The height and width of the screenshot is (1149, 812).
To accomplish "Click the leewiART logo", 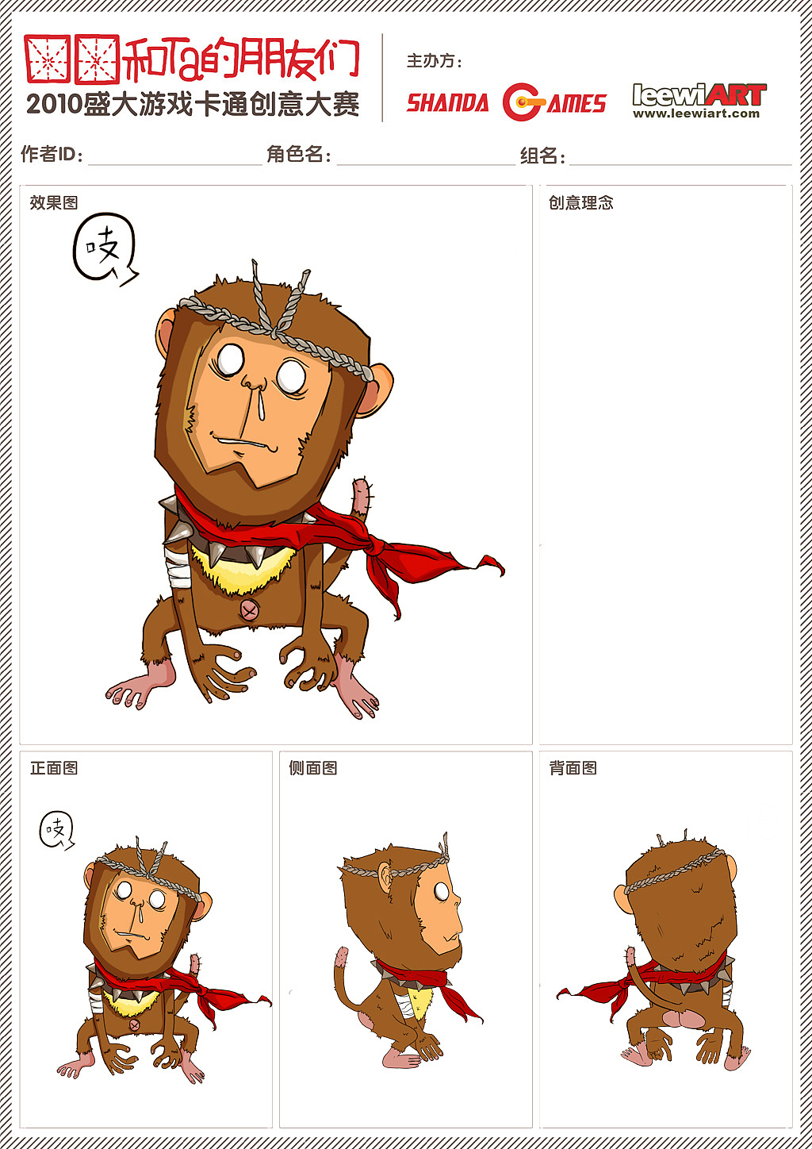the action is (699, 101).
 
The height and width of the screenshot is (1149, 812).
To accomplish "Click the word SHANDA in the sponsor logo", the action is (447, 102).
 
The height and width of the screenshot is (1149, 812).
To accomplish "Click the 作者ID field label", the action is (52, 154).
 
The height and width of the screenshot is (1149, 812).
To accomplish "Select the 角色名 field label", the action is (298, 154).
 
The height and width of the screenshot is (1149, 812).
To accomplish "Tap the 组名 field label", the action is (542, 156).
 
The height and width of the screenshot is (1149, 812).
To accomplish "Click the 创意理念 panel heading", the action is (580, 202).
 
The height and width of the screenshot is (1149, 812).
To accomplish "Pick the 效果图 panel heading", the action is (54, 202).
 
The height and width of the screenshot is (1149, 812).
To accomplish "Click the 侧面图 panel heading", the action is (312, 768).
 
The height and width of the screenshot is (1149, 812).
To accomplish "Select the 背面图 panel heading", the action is (573, 768).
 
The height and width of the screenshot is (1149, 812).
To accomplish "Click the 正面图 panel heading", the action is (54, 768).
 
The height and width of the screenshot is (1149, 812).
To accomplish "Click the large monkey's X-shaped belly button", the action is (249, 610).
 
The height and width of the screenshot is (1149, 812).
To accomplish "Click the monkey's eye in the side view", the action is (441, 891).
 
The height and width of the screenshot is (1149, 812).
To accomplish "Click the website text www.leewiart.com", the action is (696, 113).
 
